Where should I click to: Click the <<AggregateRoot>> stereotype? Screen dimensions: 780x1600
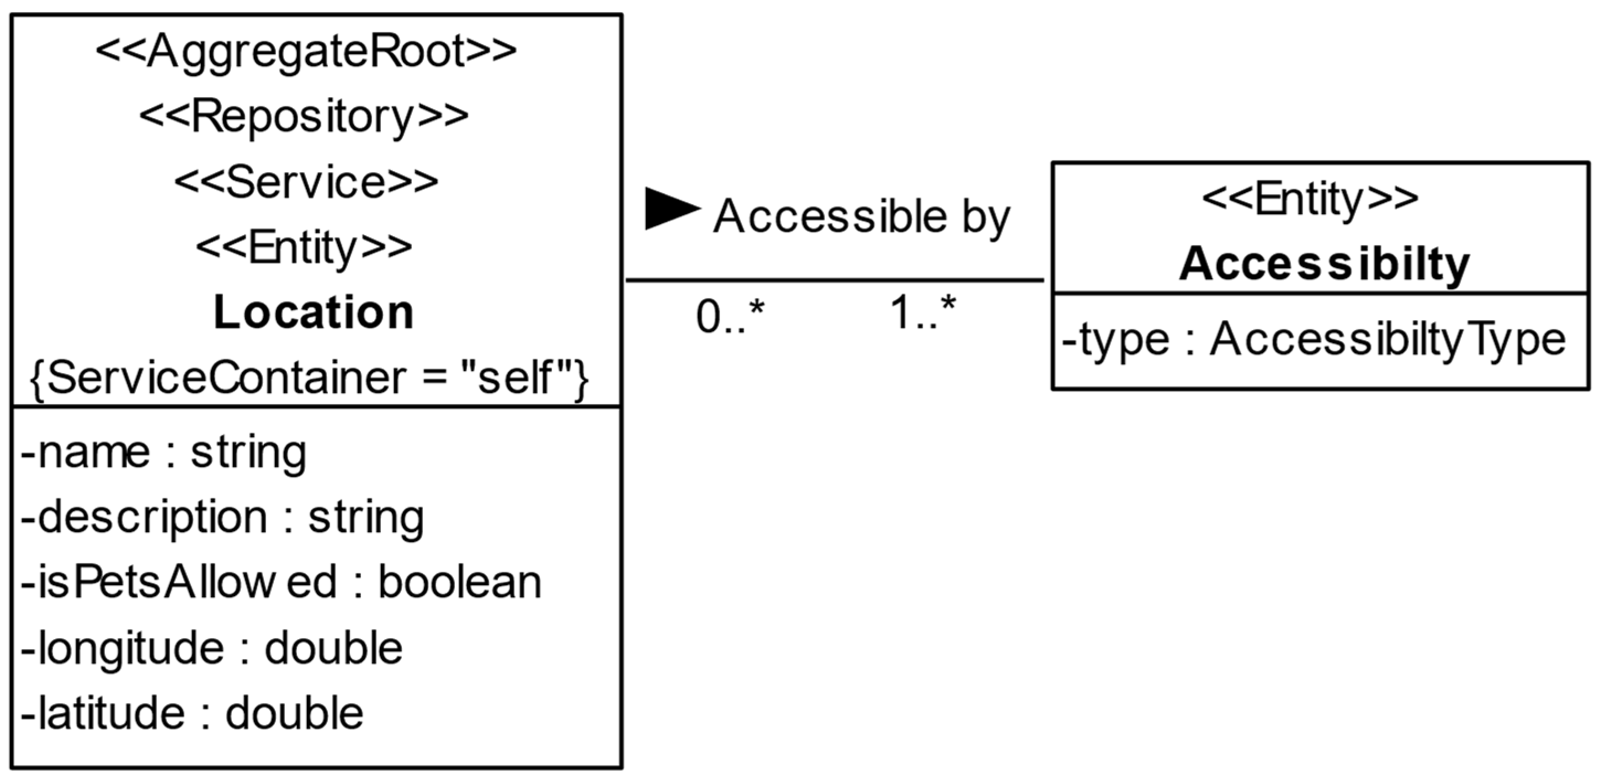[306, 51]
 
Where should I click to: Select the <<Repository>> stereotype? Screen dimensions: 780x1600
[304, 116]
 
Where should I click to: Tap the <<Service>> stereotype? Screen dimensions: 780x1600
[306, 183]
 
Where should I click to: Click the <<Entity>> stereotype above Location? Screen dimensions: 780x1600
[304, 248]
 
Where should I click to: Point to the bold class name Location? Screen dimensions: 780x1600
[313, 312]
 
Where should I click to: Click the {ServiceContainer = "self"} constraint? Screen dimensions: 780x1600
[309, 378]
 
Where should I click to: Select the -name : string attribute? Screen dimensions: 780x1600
[163, 452]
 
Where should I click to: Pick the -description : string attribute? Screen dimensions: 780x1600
[222, 517]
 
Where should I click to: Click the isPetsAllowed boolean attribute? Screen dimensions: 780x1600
[281, 582]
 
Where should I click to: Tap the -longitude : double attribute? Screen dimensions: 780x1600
[212, 648]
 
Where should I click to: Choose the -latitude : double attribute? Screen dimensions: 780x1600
[192, 713]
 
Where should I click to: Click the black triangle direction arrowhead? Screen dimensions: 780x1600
[671, 209]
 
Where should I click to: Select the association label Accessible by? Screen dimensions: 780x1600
[862, 217]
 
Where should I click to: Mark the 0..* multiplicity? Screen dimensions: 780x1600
[730, 316]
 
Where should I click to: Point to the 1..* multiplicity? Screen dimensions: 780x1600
[923, 312]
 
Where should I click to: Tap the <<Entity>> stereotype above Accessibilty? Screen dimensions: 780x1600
[1311, 199]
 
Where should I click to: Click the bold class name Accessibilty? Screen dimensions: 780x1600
[1324, 264]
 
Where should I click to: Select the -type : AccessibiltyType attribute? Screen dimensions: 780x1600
[1314, 340]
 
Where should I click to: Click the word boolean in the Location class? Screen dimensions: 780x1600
[460, 582]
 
